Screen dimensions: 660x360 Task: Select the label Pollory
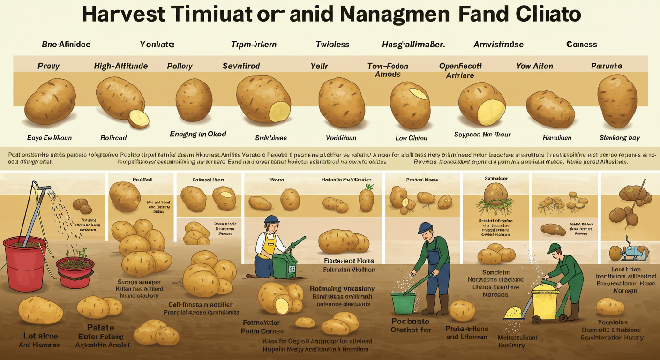click(180, 66)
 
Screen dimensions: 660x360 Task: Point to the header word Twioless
click(332, 45)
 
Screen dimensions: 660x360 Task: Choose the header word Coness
click(581, 45)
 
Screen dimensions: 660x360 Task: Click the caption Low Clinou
click(411, 138)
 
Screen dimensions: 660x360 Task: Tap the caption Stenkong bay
click(620, 138)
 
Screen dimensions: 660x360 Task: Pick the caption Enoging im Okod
click(198, 134)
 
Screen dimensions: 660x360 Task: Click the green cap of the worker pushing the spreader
click(554, 247)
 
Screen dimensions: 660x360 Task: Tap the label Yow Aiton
click(534, 66)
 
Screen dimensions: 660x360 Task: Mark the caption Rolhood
click(113, 138)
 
